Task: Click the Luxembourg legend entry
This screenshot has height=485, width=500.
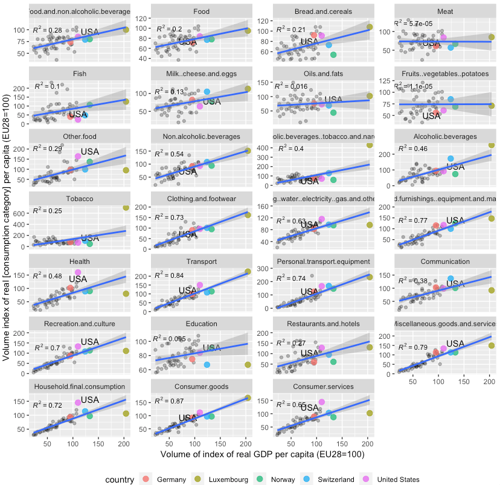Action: click(x=224, y=479)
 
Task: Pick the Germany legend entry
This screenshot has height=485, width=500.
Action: click(x=166, y=479)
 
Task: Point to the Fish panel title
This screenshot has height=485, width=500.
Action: click(x=80, y=74)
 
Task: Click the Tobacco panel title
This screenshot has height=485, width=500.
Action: click(x=80, y=198)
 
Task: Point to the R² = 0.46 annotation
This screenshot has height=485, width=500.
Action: click(x=413, y=148)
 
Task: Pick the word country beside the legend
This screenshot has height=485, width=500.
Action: click(x=118, y=479)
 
